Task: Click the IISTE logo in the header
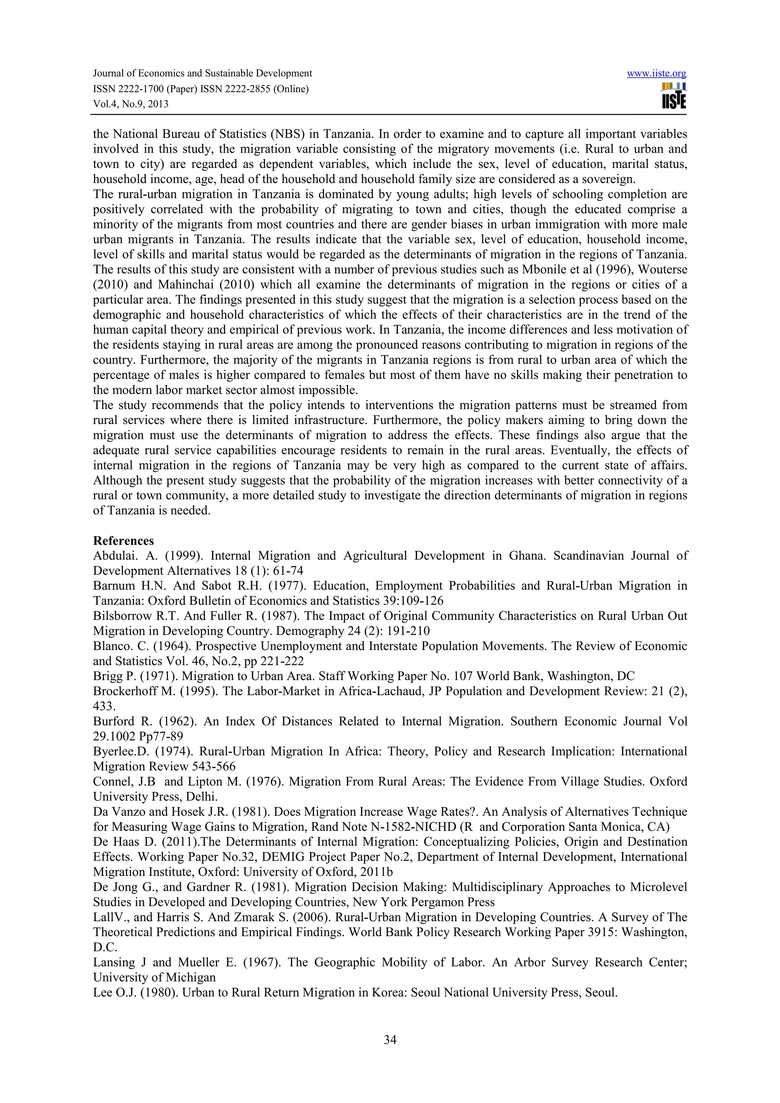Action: point(673,96)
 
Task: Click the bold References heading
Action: point(123,540)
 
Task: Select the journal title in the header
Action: point(202,73)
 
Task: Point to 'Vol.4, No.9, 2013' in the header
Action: point(131,104)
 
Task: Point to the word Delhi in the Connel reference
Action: point(202,797)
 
